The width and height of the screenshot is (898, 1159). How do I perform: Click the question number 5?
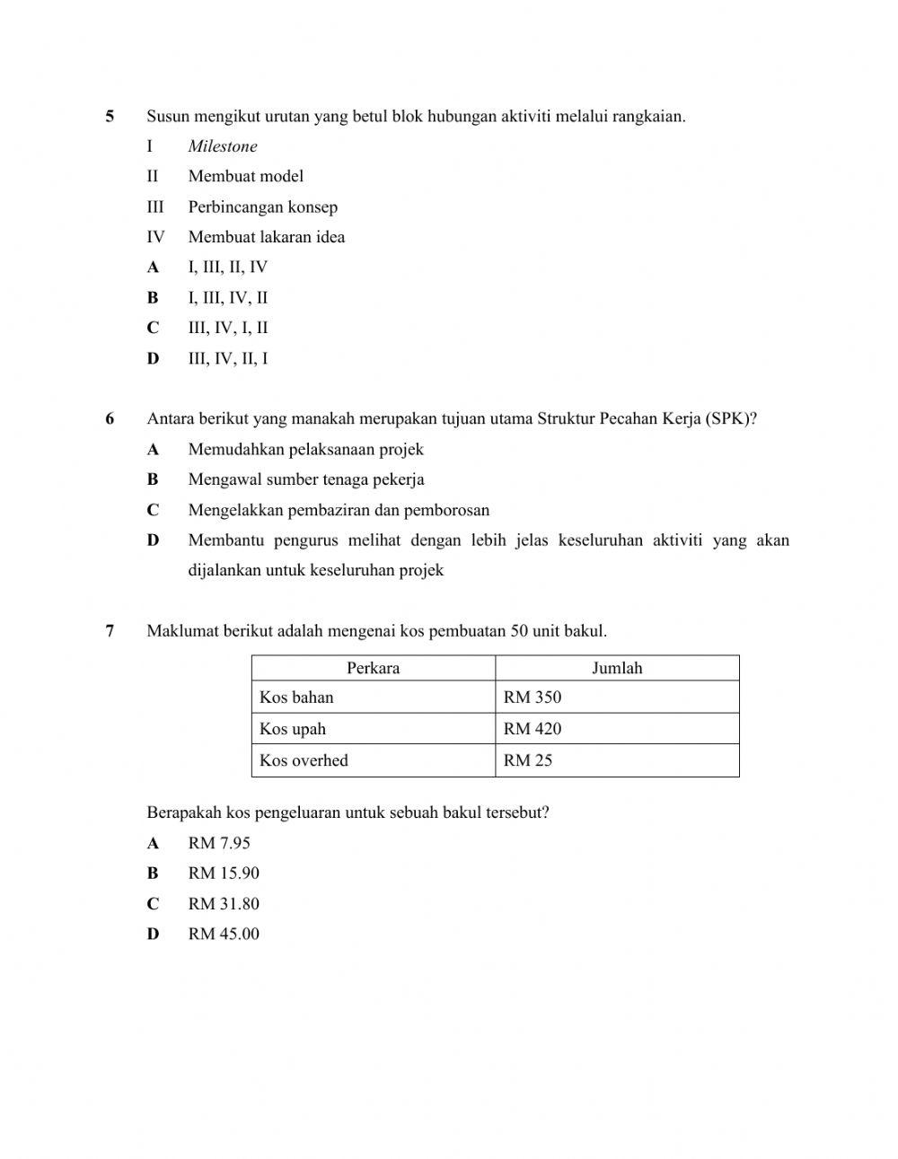pos(110,116)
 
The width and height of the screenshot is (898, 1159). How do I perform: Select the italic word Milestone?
pos(223,146)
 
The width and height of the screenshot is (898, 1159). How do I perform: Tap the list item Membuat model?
pos(245,176)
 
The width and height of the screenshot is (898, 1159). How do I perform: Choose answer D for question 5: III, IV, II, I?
pos(227,358)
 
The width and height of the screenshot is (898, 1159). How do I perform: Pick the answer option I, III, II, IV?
pos(227,267)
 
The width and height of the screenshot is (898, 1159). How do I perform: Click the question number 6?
pos(110,418)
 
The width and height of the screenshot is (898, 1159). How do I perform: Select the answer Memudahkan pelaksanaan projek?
pos(305,449)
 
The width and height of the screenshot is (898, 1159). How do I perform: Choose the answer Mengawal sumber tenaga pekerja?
pos(305,479)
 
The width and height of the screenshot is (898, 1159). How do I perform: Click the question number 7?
pos(110,631)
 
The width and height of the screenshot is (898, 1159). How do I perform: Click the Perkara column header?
pos(373,668)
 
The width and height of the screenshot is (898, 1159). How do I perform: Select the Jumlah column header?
pos(617,668)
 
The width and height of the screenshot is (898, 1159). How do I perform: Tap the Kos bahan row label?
pos(296,698)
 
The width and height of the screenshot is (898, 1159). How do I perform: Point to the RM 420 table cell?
pos(533,729)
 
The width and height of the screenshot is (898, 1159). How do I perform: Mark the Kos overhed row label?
pos(304,760)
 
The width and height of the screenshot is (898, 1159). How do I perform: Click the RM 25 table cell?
pos(528,760)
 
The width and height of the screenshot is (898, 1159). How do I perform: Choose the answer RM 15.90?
pos(224,873)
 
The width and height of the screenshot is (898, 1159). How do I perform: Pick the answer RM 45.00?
pos(224,934)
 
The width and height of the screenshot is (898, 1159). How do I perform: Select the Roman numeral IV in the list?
pos(155,237)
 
